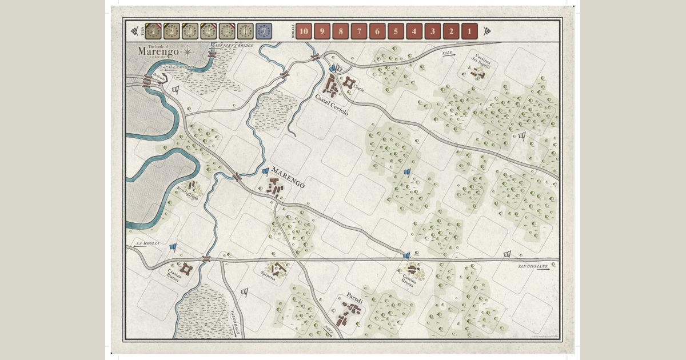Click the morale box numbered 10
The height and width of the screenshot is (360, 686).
304,31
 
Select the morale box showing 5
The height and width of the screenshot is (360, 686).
396,31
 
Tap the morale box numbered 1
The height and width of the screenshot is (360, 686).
469,31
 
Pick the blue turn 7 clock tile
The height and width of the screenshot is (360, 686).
264,31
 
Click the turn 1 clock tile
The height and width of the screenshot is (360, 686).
153,31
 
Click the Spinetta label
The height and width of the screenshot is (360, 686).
267,278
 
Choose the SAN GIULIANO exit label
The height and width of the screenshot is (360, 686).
532,266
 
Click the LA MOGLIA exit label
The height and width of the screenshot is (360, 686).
146,245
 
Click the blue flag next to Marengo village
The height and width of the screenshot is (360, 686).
265,170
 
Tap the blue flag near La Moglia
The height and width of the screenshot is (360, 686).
173,247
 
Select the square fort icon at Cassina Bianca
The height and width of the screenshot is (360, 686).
186,268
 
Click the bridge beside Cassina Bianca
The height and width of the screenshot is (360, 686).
206,259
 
